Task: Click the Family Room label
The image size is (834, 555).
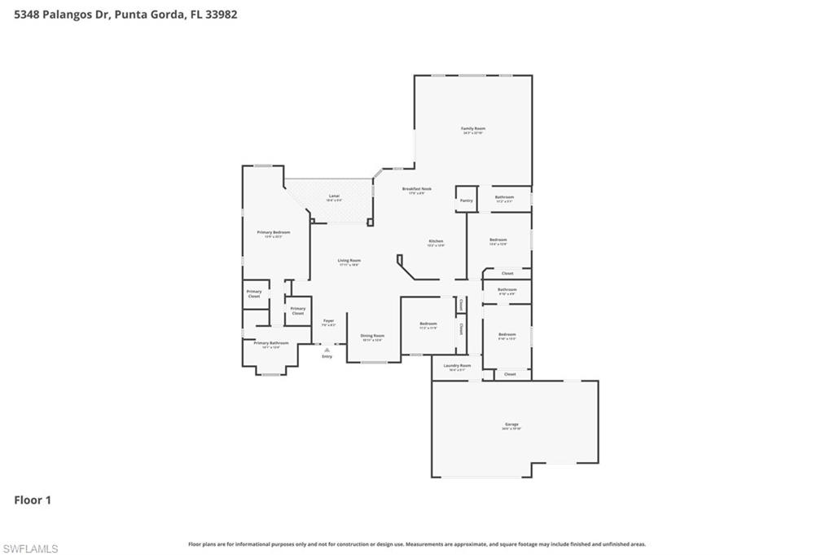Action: pos(473,129)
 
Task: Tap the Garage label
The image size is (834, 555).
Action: pos(511,425)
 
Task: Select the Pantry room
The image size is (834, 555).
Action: pos(466,200)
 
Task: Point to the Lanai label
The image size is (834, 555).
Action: pos(334,196)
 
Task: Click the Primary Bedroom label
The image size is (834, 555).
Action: pos(273,232)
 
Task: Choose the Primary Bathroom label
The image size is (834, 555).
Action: pos(271,343)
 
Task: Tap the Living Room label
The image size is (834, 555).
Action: pos(349,261)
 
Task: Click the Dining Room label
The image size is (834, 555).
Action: pos(372,336)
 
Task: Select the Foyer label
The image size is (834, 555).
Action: pos(328,321)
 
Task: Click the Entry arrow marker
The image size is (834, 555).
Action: pos(327,350)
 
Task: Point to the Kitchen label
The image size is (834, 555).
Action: pos(437,241)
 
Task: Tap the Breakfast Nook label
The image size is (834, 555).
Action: pos(417,189)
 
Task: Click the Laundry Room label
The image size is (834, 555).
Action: pos(457,366)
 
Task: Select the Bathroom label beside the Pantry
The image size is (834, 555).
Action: pos(504,197)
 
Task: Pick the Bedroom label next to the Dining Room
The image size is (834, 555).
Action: pos(428,324)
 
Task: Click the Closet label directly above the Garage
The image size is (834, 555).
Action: pos(510,374)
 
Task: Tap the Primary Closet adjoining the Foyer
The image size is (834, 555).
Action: pos(298,310)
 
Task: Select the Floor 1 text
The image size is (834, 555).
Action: pos(33,500)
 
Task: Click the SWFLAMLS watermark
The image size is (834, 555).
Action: pos(30,548)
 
